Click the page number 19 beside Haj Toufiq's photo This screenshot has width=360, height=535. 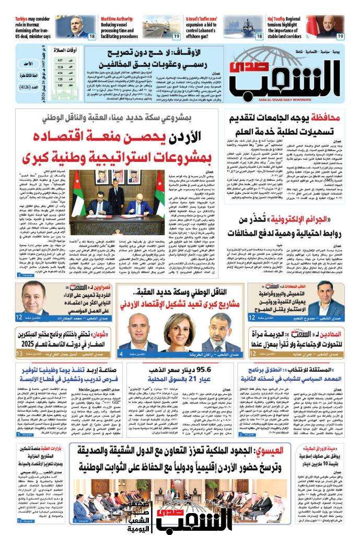tap(340, 36)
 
